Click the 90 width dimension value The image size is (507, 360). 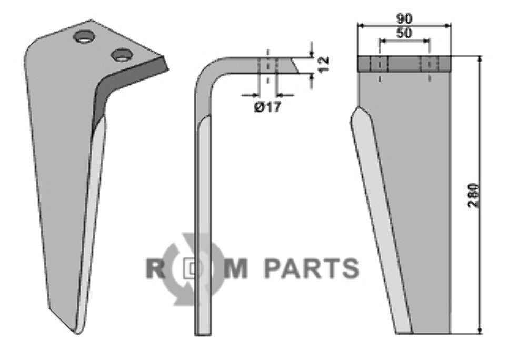coord(405,18)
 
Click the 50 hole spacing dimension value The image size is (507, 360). coord(404,33)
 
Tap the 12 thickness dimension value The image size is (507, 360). coord(323,64)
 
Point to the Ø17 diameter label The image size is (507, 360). coord(267,107)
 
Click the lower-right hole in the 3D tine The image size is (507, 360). coord(122,54)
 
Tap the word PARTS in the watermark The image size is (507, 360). coord(311,268)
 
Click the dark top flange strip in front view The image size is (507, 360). coord(404,64)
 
